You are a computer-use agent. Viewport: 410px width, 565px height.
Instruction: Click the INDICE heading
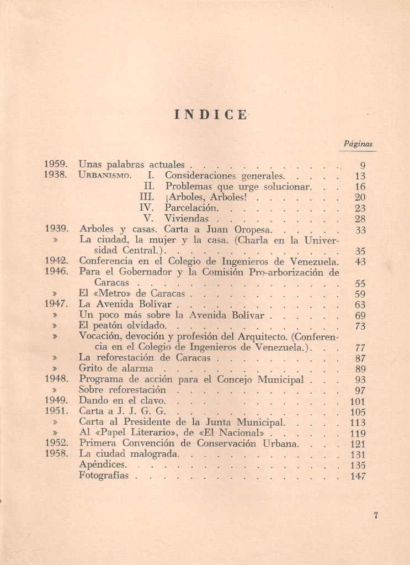pos(211,115)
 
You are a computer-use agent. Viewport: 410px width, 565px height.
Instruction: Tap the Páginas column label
pos(358,144)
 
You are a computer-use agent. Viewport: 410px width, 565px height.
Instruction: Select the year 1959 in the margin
pos(56,164)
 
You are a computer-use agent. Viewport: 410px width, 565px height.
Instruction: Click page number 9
pos(363,165)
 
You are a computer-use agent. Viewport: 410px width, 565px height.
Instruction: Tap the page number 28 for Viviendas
pos(360,219)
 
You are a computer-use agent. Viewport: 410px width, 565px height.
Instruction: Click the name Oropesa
pos(255,230)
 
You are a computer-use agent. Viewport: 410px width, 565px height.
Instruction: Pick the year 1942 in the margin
pos(56,261)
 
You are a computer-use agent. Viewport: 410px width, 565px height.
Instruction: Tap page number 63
pos(360,304)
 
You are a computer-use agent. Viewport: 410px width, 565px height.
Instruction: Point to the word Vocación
pos(100,336)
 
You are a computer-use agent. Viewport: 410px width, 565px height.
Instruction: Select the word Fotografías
pos(104,476)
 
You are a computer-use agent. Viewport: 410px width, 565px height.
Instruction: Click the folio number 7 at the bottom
pos(375,516)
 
